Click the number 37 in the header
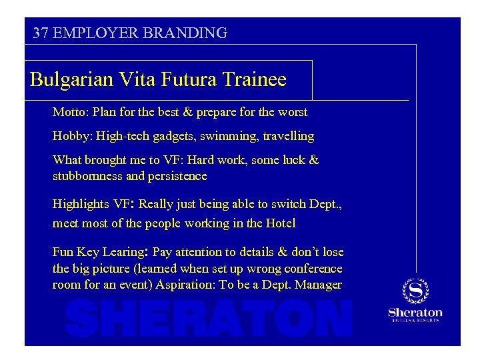pyautogui.click(x=40, y=33)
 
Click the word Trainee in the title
pyautogui.click(x=255, y=80)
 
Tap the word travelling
pyautogui.click(x=288, y=136)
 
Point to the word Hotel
pyautogui.click(x=280, y=223)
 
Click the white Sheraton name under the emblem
pyautogui.click(x=415, y=312)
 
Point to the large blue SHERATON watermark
pyautogui.click(x=209, y=318)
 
